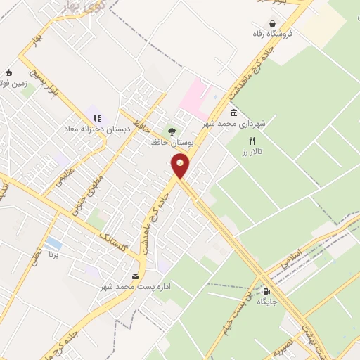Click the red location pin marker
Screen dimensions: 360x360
click(x=181, y=167)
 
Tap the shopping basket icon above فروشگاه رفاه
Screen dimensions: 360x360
click(x=270, y=22)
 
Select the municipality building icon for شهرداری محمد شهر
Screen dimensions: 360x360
click(x=233, y=112)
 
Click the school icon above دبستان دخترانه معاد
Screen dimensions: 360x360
click(x=96, y=118)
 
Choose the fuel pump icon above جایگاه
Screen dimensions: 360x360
click(x=266, y=290)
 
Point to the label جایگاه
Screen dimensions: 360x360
click(x=267, y=301)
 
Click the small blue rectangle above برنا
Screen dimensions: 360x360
click(x=53, y=243)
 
